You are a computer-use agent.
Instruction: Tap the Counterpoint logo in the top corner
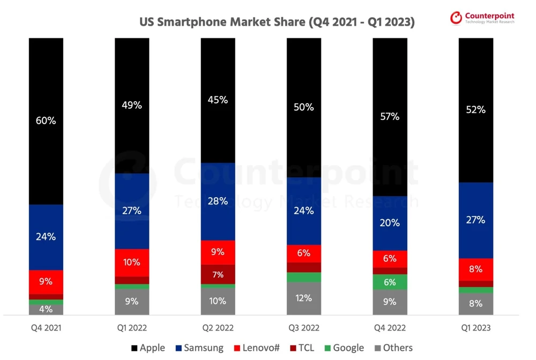pyautogui.click(x=482, y=18)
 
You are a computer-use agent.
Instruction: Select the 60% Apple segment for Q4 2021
pyautogui.click(x=46, y=121)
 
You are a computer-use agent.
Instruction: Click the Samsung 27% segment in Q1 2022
pyautogui.click(x=132, y=211)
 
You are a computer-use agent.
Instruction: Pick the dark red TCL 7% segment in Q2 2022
pyautogui.click(x=218, y=274)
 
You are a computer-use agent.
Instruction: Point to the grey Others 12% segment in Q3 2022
pyautogui.click(x=303, y=298)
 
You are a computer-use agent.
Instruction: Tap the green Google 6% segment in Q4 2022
pyautogui.click(x=390, y=282)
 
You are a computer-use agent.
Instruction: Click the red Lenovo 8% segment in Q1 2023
pyautogui.click(x=475, y=269)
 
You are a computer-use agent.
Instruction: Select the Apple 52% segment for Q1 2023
pyautogui.click(x=475, y=110)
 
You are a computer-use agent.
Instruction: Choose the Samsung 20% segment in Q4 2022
pyautogui.click(x=390, y=223)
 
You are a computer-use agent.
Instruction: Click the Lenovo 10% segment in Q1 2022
pyautogui.click(x=132, y=262)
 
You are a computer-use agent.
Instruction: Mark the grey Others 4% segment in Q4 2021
pyautogui.click(x=46, y=309)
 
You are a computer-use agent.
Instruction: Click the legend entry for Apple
pyautogui.click(x=148, y=348)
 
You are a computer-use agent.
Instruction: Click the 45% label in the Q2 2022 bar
pyautogui.click(x=218, y=100)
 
